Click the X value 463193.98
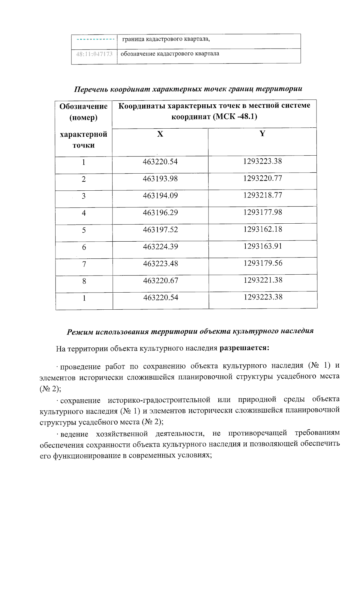pyautogui.click(x=160, y=179)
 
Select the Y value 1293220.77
pyautogui.click(x=262, y=178)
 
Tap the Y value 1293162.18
pyautogui.click(x=262, y=229)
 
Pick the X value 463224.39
pyautogui.click(x=160, y=246)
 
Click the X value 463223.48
pyautogui.click(x=160, y=264)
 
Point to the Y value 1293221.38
pyautogui.click(x=263, y=280)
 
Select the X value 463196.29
pyautogui.click(x=160, y=213)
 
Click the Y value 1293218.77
pyautogui.click(x=262, y=195)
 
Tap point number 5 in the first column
pyautogui.click(x=84, y=230)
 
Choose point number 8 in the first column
pyautogui.click(x=84, y=281)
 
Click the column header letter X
pyautogui.click(x=160, y=134)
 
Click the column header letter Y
pyautogui.click(x=262, y=133)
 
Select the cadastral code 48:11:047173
pyautogui.click(x=94, y=54)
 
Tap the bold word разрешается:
pyautogui.click(x=244, y=348)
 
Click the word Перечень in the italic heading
pyautogui.click(x=91, y=89)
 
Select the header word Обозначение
pyautogui.click(x=83, y=106)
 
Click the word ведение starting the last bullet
pyautogui.click(x=74, y=434)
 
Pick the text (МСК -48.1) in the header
pyautogui.click(x=235, y=117)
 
